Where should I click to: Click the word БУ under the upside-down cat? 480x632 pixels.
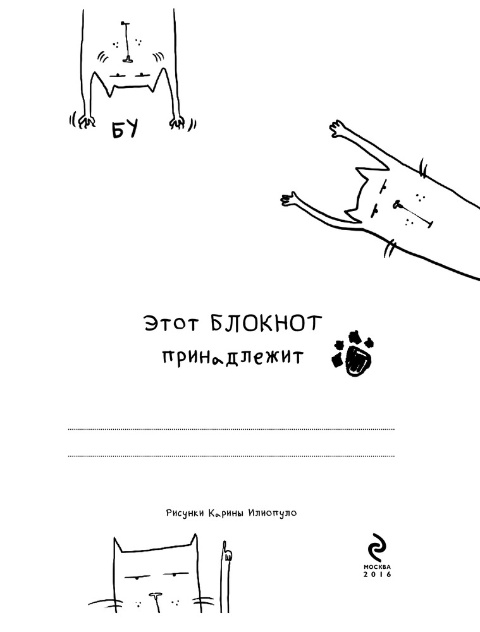[125, 129]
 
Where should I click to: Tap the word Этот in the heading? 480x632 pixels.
[171, 324]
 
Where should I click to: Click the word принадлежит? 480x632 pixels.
[232, 356]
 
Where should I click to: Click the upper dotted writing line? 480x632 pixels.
[231, 429]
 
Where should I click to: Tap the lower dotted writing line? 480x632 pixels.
[231, 456]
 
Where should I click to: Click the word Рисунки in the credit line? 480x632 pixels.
[185, 513]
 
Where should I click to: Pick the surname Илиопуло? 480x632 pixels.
[273, 513]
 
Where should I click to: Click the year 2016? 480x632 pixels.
[377, 574]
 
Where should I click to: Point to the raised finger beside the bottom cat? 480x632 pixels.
[226, 553]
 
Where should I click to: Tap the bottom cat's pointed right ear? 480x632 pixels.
[194, 542]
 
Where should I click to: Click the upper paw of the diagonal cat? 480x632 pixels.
[338, 128]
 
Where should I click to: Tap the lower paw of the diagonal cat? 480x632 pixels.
[289, 198]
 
